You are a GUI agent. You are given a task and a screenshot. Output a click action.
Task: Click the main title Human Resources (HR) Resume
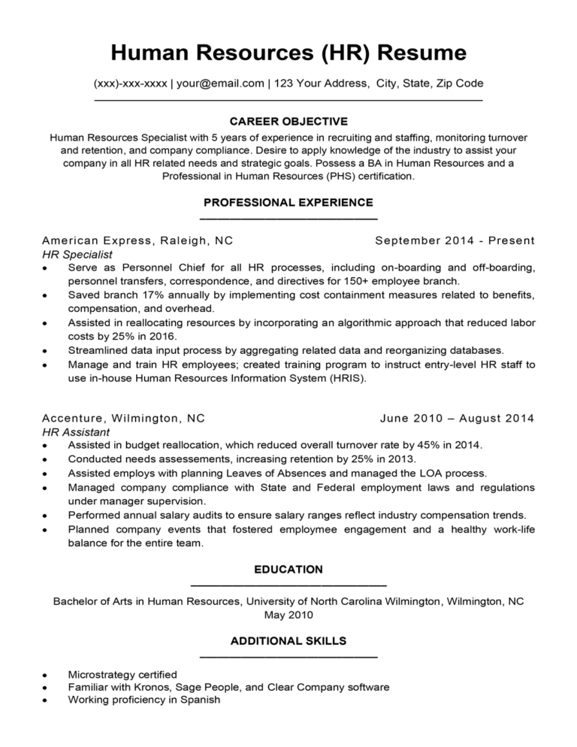click(x=288, y=53)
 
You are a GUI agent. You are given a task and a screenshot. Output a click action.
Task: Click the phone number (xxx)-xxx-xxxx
click(x=130, y=83)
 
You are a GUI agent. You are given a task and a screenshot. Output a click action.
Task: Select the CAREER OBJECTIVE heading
click(x=288, y=121)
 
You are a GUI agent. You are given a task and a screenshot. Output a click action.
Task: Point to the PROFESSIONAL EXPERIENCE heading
click(x=288, y=202)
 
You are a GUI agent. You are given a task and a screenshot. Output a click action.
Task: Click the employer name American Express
click(x=98, y=240)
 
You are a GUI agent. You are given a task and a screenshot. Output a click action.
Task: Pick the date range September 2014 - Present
click(x=455, y=240)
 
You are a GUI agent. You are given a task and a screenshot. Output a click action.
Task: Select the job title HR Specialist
click(x=77, y=255)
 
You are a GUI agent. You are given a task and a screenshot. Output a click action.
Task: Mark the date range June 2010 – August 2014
click(x=458, y=418)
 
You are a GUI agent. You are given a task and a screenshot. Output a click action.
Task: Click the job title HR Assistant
click(x=76, y=432)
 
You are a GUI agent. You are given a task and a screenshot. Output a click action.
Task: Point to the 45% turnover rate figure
click(x=419, y=445)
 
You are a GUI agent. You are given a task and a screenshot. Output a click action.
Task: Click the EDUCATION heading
click(x=288, y=570)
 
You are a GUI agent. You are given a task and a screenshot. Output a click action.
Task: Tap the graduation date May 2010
click(x=288, y=615)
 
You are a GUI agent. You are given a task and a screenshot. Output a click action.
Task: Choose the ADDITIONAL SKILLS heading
click(x=288, y=641)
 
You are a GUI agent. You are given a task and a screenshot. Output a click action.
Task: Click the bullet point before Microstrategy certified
click(x=47, y=675)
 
